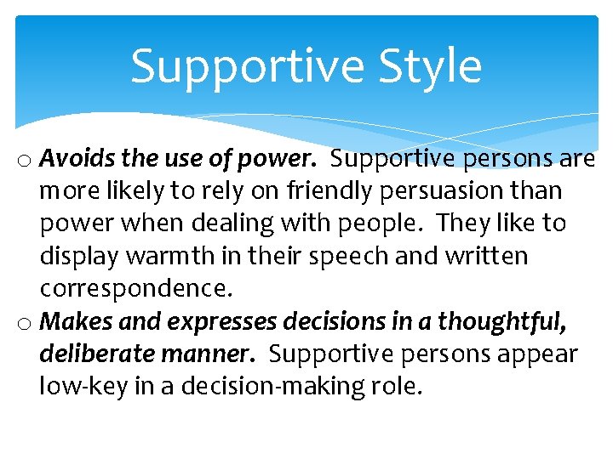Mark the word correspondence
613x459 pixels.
tap(135, 288)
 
